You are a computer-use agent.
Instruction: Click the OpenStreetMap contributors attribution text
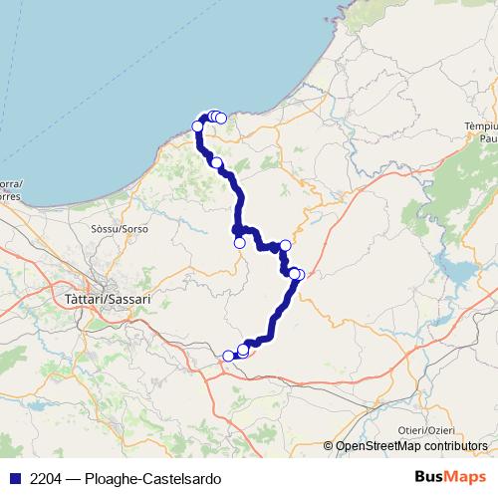[410, 446]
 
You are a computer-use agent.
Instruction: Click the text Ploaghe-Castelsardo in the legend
[150, 478]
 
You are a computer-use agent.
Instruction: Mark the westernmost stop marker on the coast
[197, 125]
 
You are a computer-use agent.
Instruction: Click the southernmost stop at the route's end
[228, 356]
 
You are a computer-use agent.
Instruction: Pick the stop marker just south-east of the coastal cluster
[216, 162]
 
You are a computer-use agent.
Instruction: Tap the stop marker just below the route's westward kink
[239, 242]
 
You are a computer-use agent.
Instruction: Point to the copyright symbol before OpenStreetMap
[329, 446]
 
